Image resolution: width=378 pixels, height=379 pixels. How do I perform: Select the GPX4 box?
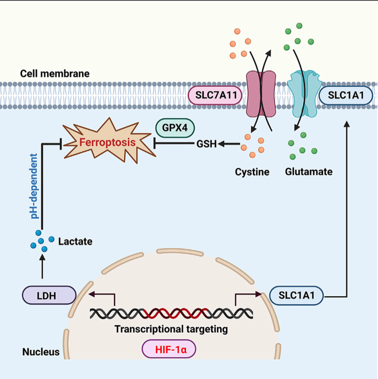point(175,128)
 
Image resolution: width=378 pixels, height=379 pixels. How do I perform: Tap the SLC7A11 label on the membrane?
point(215,95)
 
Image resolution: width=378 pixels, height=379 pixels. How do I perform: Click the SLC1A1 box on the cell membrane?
point(345,95)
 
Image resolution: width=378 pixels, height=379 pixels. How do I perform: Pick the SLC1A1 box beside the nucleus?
point(297,296)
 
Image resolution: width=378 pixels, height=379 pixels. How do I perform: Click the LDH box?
point(49,296)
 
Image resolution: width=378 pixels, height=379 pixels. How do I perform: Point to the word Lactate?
point(75,242)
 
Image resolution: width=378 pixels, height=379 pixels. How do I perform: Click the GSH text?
point(206,144)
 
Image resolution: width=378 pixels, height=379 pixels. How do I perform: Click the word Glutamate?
point(309,172)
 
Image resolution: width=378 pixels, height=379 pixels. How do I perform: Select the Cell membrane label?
point(55,74)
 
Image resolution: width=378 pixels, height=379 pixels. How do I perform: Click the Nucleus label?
point(41,352)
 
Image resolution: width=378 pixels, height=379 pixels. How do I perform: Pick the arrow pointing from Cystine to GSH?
point(230,144)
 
